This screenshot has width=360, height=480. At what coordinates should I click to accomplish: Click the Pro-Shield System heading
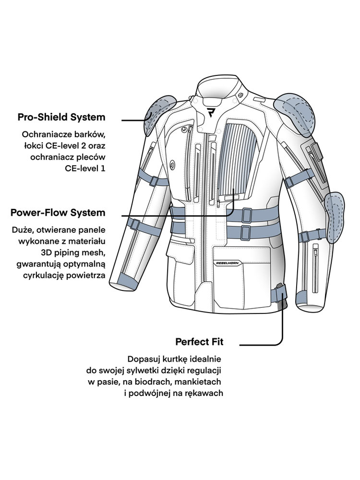click(x=61, y=117)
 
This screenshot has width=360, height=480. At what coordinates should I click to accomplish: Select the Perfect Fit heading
click(x=199, y=342)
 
